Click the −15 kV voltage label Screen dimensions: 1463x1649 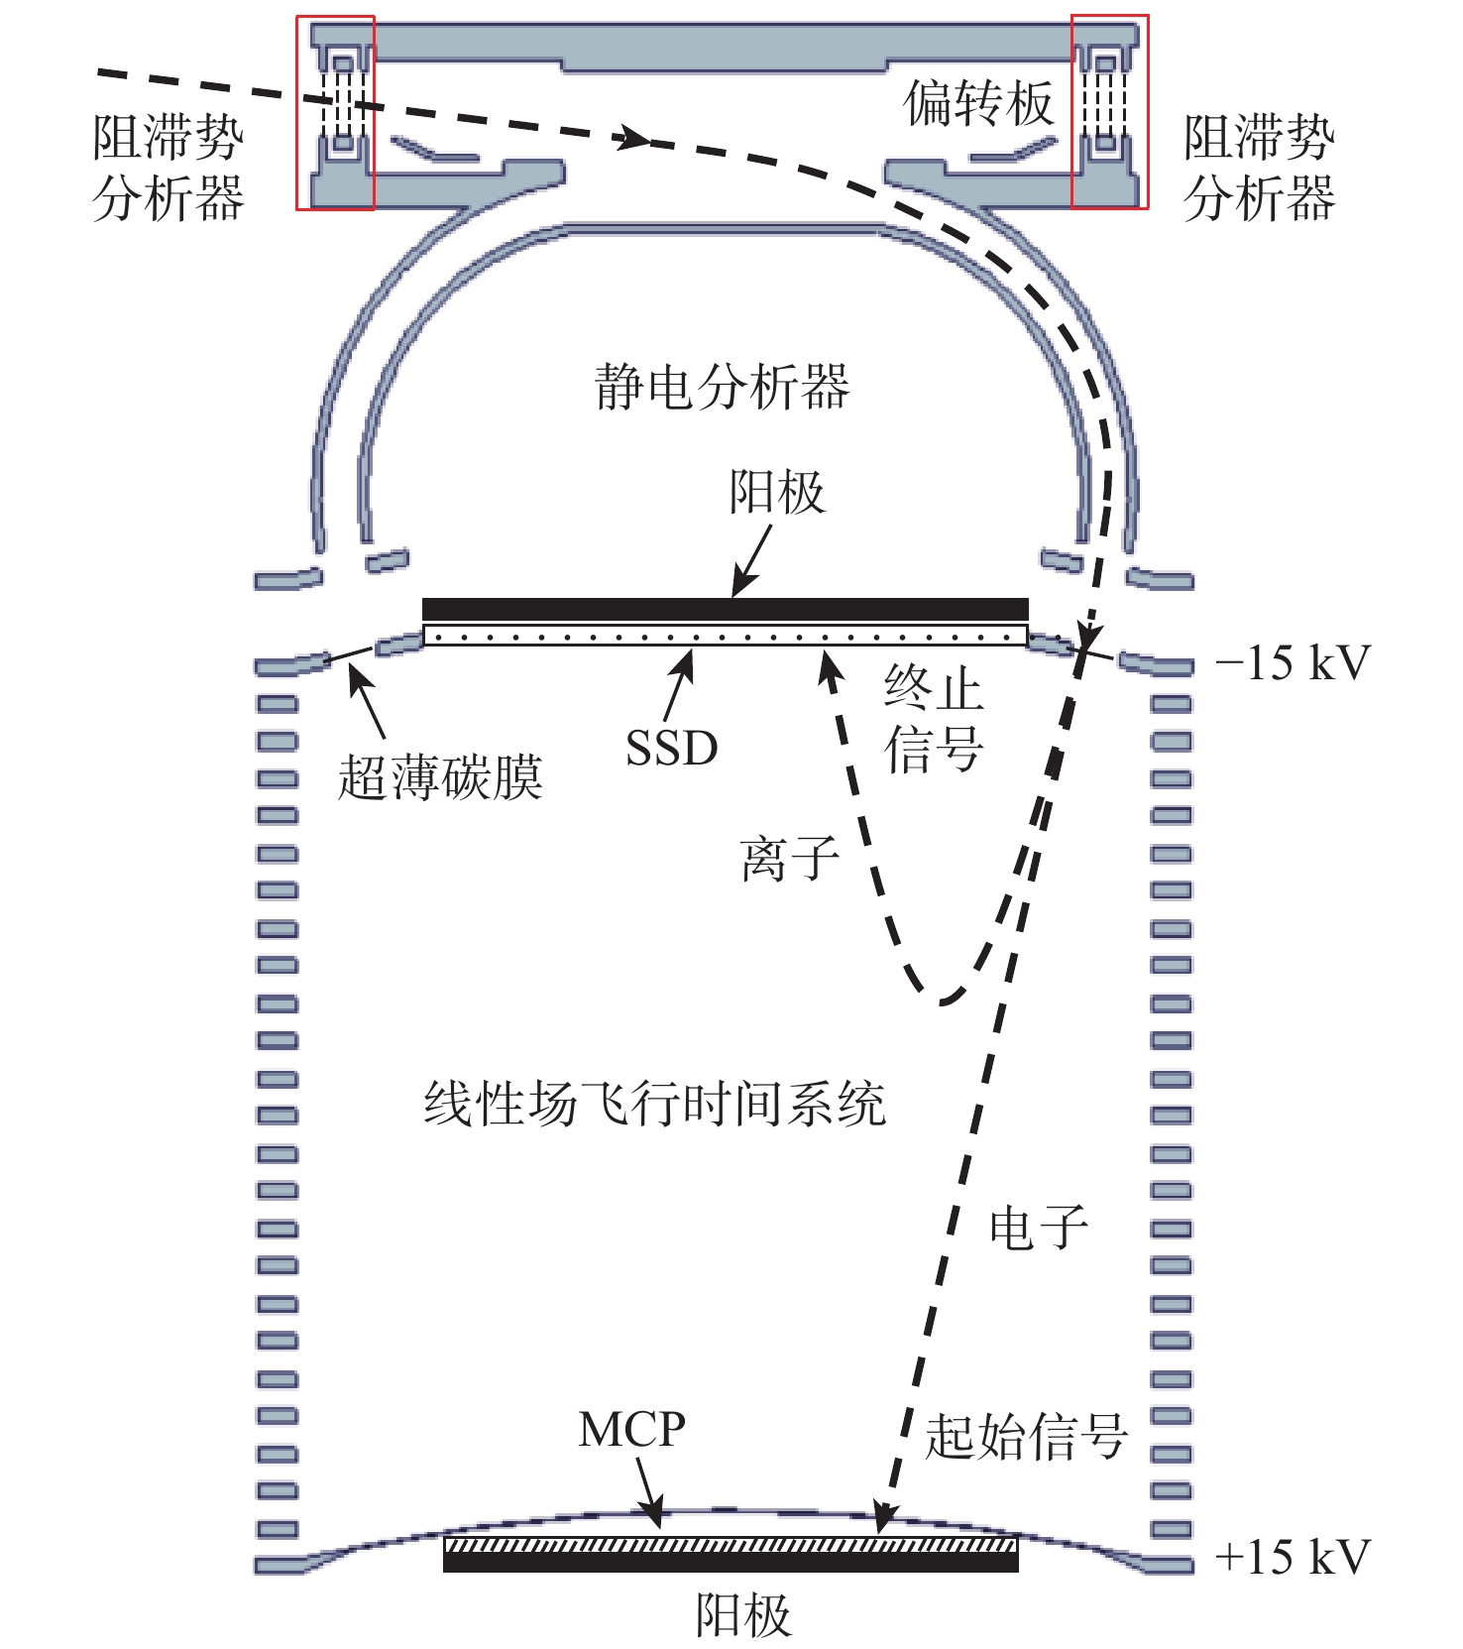[1294, 663]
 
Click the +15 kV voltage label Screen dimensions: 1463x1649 [1294, 1557]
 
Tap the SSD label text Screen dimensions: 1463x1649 [672, 748]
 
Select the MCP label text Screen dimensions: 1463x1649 [632, 1430]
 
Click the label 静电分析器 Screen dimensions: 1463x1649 [722, 387]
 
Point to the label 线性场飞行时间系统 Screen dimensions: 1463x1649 [655, 1104]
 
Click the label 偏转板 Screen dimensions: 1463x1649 [978, 103]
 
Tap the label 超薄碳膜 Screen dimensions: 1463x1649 [440, 776]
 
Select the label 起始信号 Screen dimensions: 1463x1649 [1026, 1436]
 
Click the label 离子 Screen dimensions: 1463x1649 [790, 859]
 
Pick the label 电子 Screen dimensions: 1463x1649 [1039, 1228]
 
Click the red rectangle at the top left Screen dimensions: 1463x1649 [335, 112]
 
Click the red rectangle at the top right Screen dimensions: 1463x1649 [1110, 111]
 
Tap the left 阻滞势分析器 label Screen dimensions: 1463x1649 [168, 167]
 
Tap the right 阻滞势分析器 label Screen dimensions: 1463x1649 [1259, 167]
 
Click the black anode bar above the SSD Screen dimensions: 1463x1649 [726, 609]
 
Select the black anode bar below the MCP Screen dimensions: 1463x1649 [731, 1562]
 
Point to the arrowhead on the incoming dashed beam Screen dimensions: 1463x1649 [632, 138]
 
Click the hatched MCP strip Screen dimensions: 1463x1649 [731, 1545]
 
